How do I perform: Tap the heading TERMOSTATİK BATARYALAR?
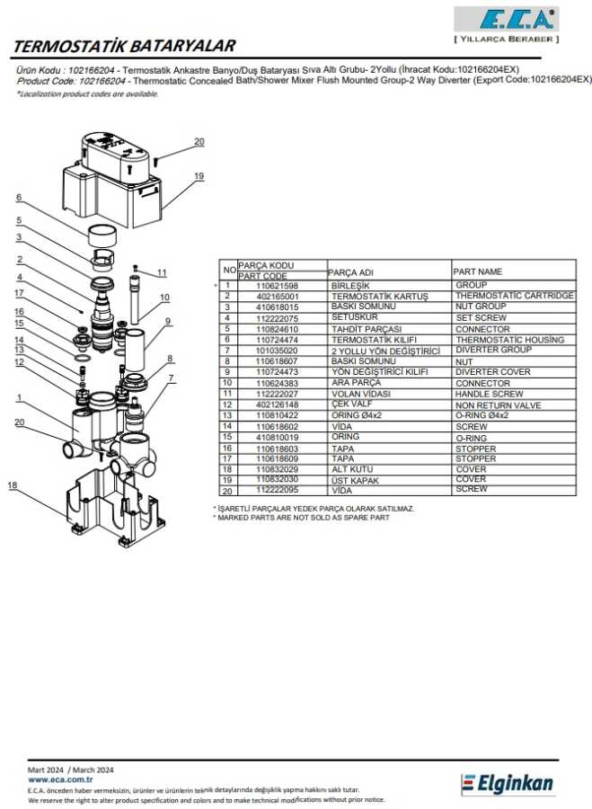pyautogui.click(x=127, y=46)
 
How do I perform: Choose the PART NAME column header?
pyautogui.click(x=479, y=271)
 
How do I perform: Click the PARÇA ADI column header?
pyautogui.click(x=350, y=272)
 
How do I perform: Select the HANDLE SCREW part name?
pyautogui.click(x=489, y=394)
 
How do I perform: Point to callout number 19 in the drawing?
pyautogui.click(x=199, y=175)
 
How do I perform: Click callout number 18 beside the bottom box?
pyautogui.click(x=13, y=485)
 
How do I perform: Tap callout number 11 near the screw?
pyautogui.click(x=163, y=272)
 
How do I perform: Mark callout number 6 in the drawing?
pyautogui.click(x=17, y=198)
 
